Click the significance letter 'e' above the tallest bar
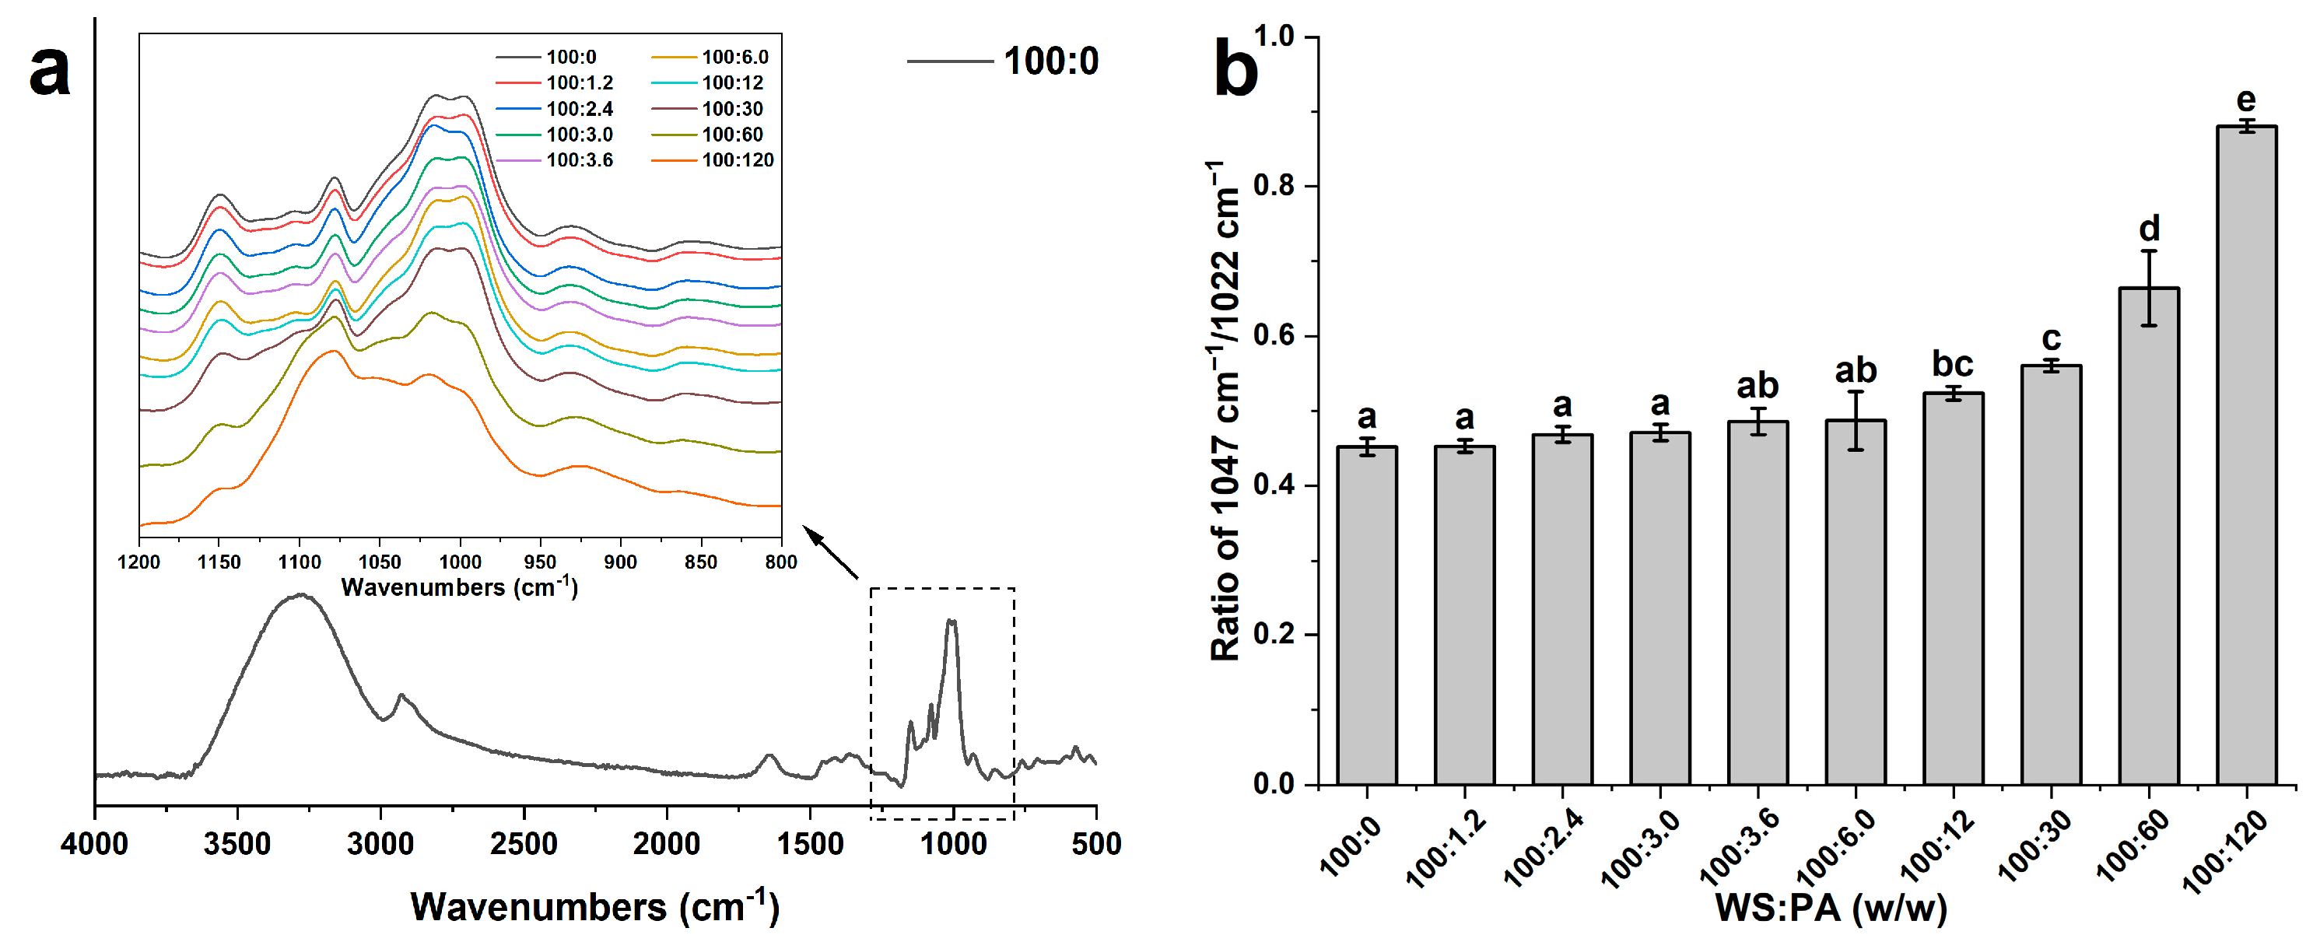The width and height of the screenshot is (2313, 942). (x=2245, y=100)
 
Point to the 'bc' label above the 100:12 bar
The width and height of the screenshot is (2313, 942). (x=1952, y=365)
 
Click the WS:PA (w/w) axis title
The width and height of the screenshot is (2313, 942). (x=1831, y=908)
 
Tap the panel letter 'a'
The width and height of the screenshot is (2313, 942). (x=48, y=70)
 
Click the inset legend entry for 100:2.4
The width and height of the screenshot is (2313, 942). (x=579, y=110)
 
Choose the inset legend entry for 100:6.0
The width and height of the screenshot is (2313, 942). (x=734, y=58)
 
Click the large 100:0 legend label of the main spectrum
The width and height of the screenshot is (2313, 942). (x=1050, y=62)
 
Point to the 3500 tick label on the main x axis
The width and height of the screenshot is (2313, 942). (x=237, y=844)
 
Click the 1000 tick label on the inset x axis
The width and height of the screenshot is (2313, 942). (x=460, y=562)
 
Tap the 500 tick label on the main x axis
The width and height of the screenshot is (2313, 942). (x=1095, y=844)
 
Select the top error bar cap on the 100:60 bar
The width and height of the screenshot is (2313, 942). (x=2148, y=251)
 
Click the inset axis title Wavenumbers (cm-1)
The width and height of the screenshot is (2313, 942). (x=459, y=587)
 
